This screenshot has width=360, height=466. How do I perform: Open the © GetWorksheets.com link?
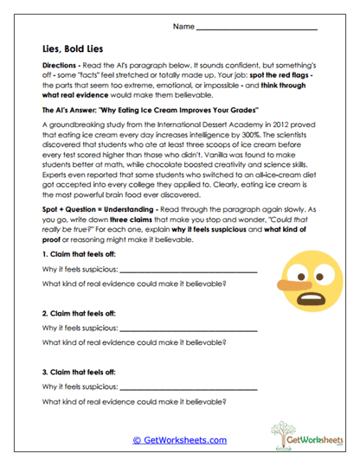pos(179,440)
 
